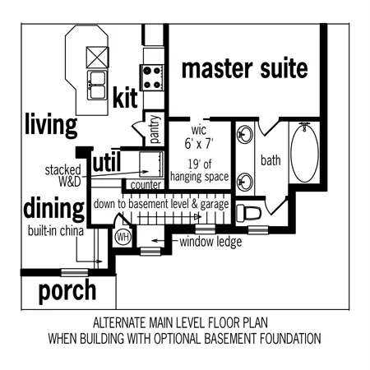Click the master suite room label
point(245,68)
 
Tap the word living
point(51,125)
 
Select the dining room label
point(54,208)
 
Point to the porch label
point(67,291)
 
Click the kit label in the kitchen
point(125,97)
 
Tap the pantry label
point(155,129)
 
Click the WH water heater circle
point(123,237)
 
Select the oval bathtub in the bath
point(304,153)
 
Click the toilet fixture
point(248,213)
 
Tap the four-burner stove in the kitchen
point(152,78)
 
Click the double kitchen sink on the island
point(97,86)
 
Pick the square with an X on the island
point(97,58)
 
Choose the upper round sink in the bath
point(245,134)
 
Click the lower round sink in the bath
point(245,182)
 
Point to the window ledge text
point(210,242)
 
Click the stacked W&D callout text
point(63,175)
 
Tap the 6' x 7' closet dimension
point(199,143)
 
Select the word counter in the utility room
point(146,185)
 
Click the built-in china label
point(56,231)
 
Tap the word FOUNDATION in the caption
point(290,339)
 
